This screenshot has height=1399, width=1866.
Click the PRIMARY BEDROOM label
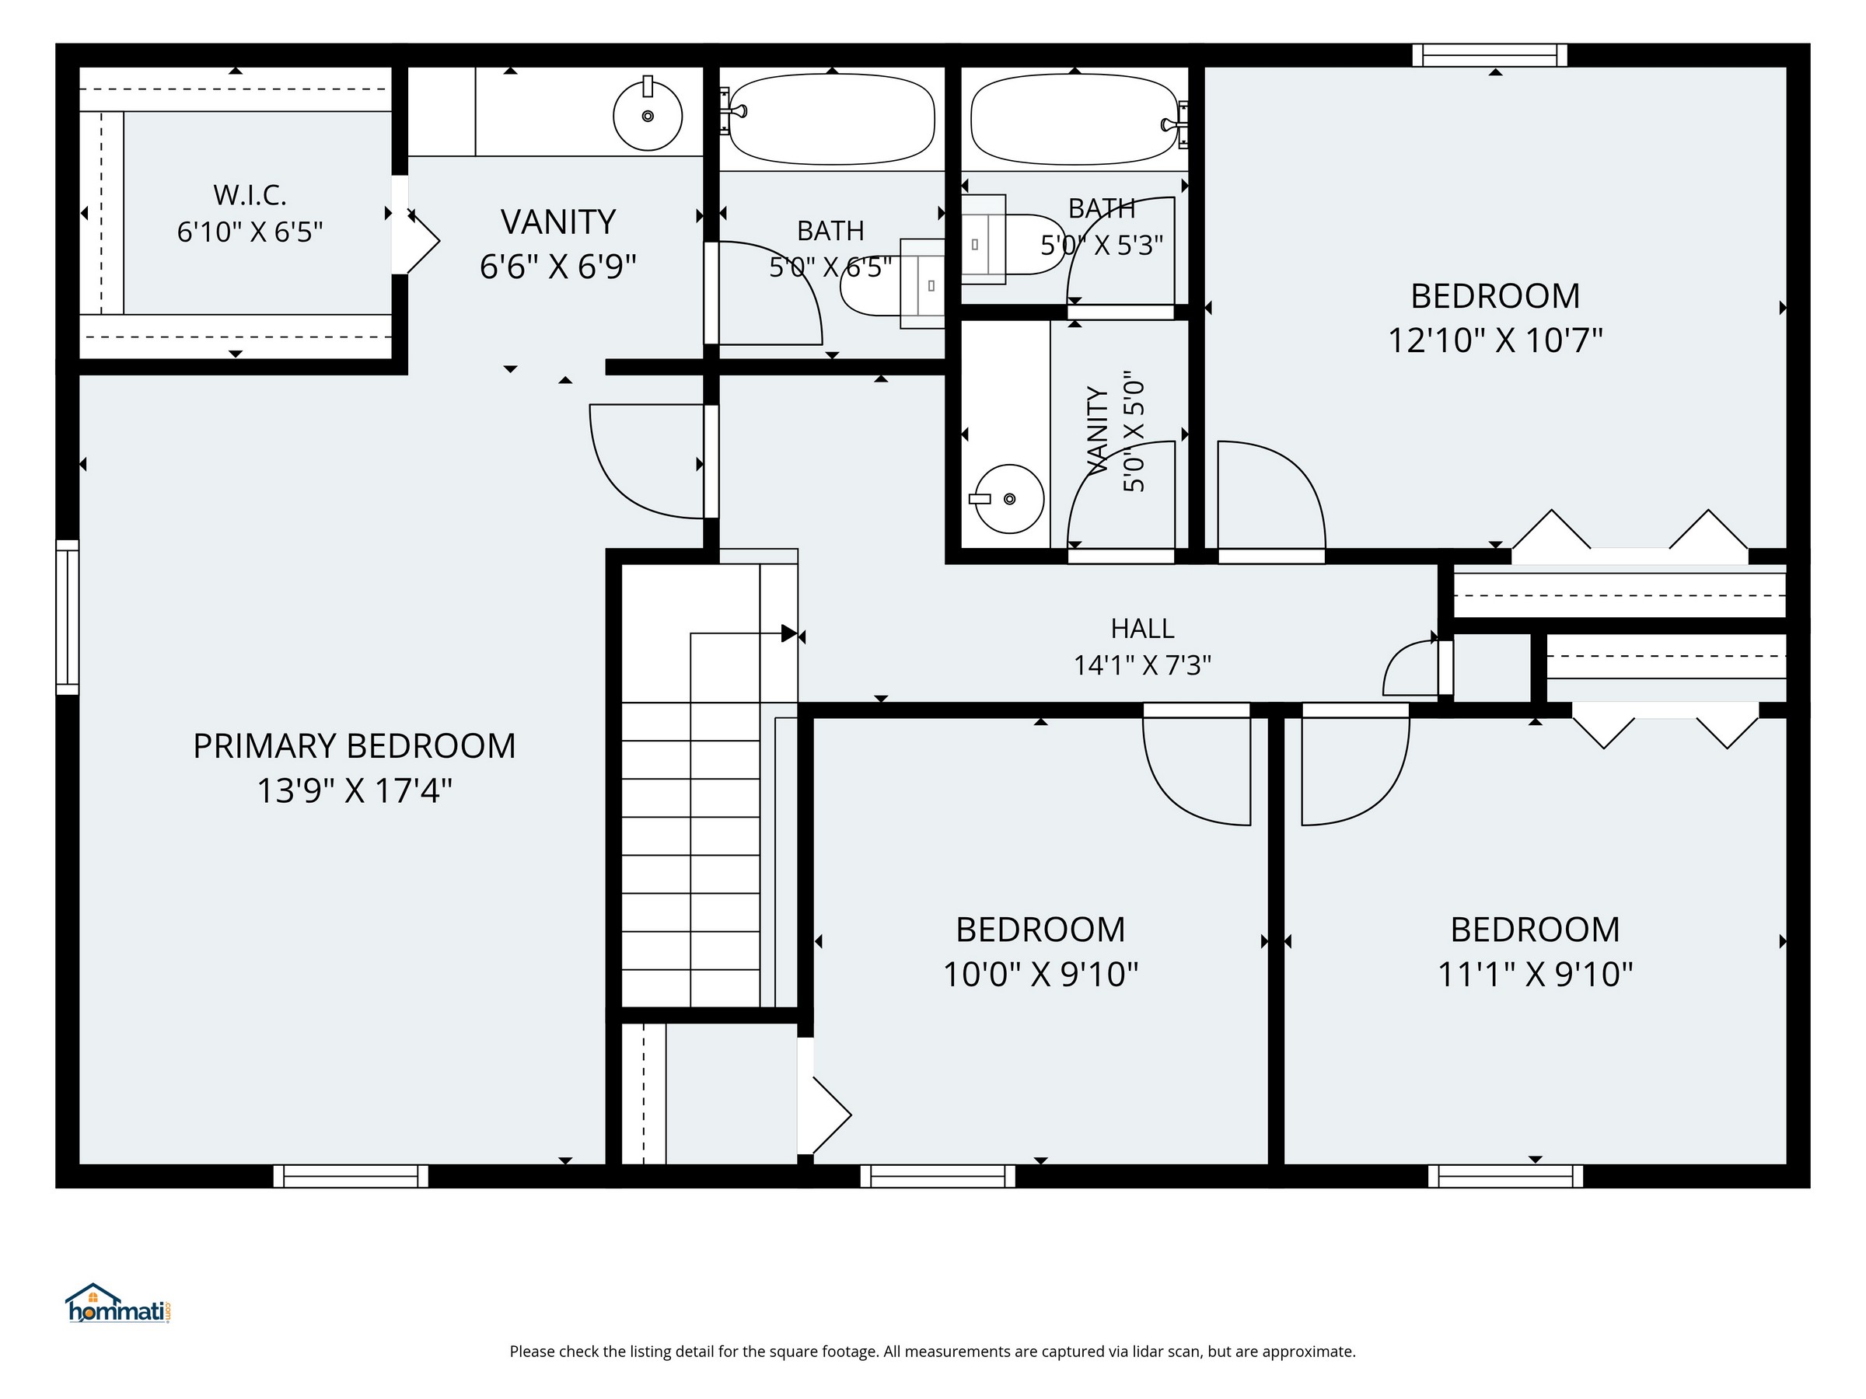click(x=355, y=746)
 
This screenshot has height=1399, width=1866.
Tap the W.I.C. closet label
click(x=250, y=195)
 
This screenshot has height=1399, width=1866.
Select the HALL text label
click(x=1142, y=628)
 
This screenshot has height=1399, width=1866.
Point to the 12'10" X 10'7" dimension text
click(x=1495, y=340)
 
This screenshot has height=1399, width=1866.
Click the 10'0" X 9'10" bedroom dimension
click(x=1040, y=975)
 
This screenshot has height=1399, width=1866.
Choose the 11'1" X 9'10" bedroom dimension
click(x=1536, y=975)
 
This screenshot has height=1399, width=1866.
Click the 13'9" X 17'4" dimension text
click(x=355, y=791)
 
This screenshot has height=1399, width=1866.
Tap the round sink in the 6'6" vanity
click(x=648, y=115)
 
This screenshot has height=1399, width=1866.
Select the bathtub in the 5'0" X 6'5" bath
click(x=831, y=119)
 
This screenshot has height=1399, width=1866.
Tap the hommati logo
click(x=119, y=1303)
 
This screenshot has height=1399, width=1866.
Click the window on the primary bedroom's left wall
click(x=68, y=617)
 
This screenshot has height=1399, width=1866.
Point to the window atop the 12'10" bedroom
click(x=1490, y=56)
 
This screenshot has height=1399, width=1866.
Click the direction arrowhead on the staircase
click(x=788, y=633)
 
